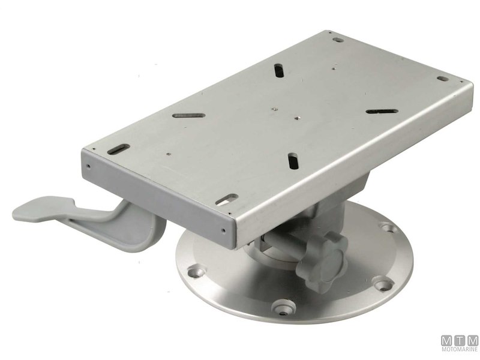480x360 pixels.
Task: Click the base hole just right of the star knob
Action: (380, 282)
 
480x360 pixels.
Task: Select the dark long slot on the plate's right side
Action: (382, 112)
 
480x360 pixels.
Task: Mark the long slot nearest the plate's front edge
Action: (292, 161)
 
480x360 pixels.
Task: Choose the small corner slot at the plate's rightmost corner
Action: (442, 79)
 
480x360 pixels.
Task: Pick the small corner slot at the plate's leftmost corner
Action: (120, 148)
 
